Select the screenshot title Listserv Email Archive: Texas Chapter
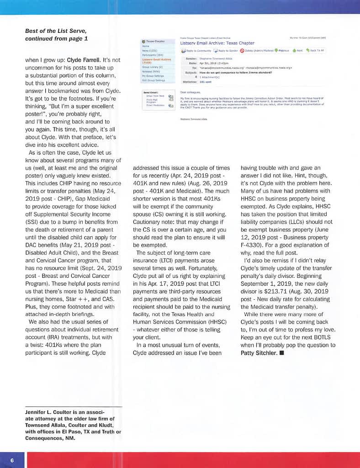tap(217, 43)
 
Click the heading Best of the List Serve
tap(56, 31)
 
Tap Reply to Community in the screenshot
tap(196, 50)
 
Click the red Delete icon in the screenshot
tap(242, 50)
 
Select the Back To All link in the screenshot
tap(315, 50)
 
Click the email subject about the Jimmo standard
tap(236, 72)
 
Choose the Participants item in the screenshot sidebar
tap(152, 55)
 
